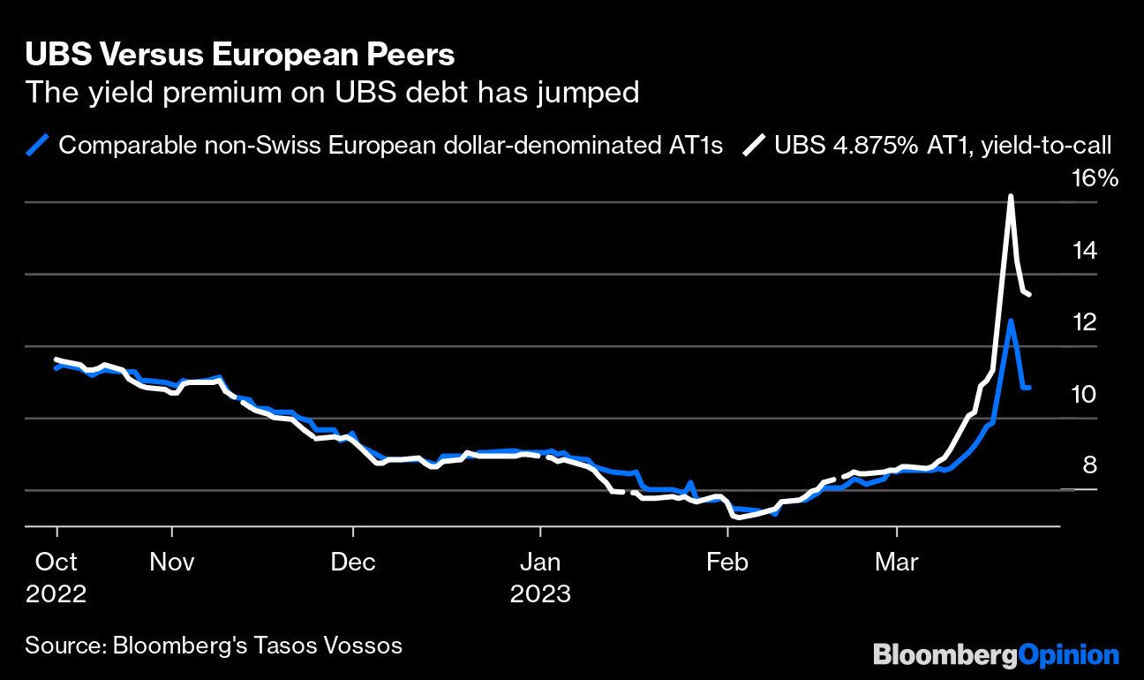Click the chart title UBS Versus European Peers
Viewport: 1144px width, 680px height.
pos(240,55)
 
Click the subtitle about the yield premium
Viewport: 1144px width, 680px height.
pos(332,92)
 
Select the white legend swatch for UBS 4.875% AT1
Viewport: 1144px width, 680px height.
pos(754,145)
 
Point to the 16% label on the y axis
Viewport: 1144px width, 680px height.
pos(1095,179)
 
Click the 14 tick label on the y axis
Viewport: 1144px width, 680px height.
pos(1085,251)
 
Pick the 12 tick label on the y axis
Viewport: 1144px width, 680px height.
pos(1085,322)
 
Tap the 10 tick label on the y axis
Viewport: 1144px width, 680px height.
pos(1085,394)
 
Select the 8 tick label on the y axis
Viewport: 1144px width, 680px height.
pos(1089,465)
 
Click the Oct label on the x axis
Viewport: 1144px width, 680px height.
pos(56,562)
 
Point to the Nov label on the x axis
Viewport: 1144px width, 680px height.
pos(172,562)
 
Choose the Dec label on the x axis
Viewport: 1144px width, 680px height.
pos(352,562)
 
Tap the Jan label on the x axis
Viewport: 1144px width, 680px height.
pos(539,562)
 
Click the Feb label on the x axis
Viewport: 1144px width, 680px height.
pos(727,562)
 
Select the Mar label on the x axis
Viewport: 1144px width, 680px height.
pos(896,562)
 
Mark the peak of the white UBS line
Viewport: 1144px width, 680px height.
pos(1011,196)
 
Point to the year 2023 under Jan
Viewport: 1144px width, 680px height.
pos(539,593)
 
